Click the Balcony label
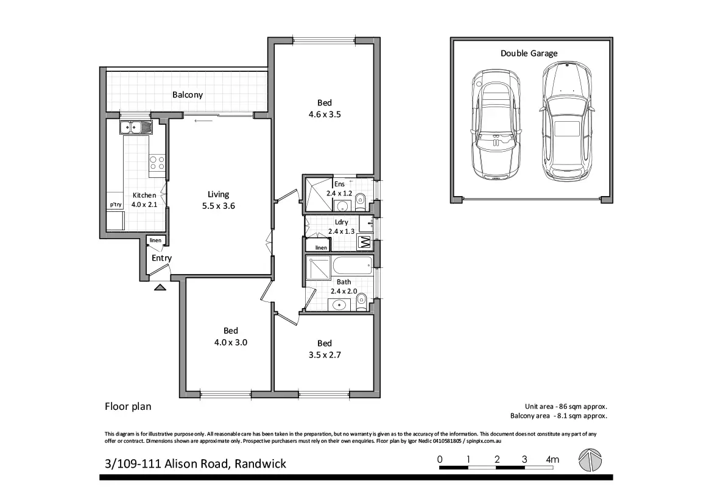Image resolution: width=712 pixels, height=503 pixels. click(x=187, y=94)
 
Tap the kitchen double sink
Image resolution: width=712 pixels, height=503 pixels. click(x=136, y=127)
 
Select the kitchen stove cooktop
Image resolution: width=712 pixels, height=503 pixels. click(x=157, y=163)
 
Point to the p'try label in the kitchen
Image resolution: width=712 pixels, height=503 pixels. click(x=116, y=204)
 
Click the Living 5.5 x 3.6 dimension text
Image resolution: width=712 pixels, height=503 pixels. click(x=219, y=206)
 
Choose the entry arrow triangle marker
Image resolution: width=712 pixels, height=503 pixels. click(x=160, y=287)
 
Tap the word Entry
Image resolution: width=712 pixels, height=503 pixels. click(x=161, y=258)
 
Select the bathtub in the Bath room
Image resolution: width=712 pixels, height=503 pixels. click(x=353, y=265)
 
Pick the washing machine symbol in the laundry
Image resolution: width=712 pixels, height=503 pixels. click(x=365, y=243)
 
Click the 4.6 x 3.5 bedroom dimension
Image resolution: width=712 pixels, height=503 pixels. click(x=325, y=114)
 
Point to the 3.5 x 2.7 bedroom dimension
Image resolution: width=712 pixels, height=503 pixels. click(x=325, y=355)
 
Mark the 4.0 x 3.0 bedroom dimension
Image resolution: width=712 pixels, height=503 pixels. click(x=231, y=342)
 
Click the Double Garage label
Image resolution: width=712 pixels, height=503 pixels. click(x=529, y=53)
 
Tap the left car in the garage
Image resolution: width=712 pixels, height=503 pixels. click(x=495, y=124)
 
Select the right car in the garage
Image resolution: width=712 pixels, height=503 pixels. click(x=566, y=121)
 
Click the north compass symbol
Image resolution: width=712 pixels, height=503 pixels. click(x=590, y=460)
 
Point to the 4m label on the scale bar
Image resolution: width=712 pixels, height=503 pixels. click(x=552, y=459)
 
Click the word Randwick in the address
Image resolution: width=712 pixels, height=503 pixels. click(x=260, y=463)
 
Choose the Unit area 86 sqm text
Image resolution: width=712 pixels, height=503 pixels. click(x=566, y=407)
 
